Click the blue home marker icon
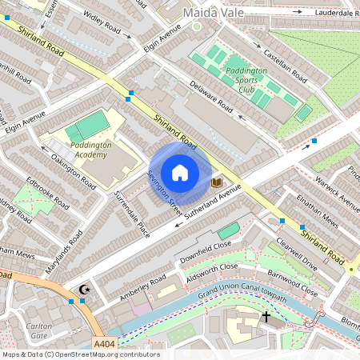pyautogui.click(x=180, y=173)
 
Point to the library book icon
pyautogui.click(x=216, y=183)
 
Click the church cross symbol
pyautogui.click(x=266, y=317)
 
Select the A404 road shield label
pyautogui.click(x=105, y=344)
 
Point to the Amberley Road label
pyautogui.click(x=144, y=284)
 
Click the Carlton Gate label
pyautogui.click(x=38, y=331)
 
